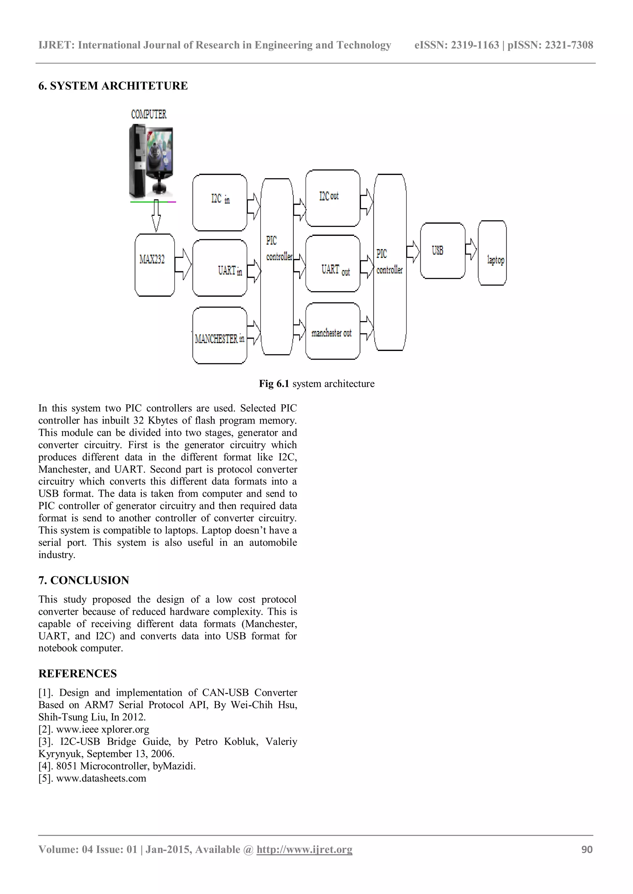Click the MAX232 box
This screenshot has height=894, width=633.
coord(154,265)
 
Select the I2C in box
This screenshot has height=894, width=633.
coord(220,203)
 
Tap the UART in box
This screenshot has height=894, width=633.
coord(220,268)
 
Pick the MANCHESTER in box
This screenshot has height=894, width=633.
coord(220,336)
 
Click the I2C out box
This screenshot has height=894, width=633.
coord(333,198)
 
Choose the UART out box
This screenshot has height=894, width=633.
coord(333,264)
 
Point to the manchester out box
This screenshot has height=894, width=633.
coord(333,331)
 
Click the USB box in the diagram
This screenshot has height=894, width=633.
coord(442,251)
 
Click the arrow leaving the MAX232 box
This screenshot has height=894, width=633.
coord(183,264)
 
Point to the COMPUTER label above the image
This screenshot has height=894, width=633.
coord(148,115)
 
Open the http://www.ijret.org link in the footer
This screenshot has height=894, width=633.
coord(304,849)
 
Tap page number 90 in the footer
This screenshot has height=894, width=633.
coord(587,849)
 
